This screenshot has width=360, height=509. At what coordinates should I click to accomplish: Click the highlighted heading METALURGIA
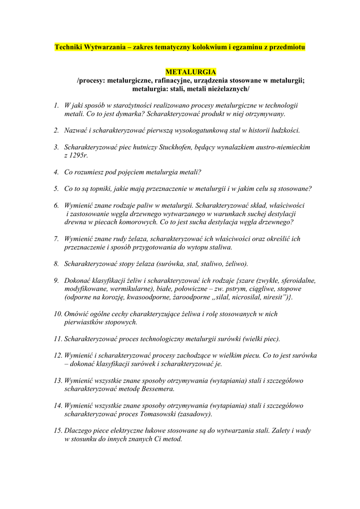[191, 72]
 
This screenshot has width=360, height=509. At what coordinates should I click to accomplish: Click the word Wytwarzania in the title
[105, 47]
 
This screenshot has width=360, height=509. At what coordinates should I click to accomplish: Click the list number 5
[56, 189]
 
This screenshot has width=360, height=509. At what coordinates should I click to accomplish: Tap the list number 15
[58, 431]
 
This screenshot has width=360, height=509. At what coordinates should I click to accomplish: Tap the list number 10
[58, 314]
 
